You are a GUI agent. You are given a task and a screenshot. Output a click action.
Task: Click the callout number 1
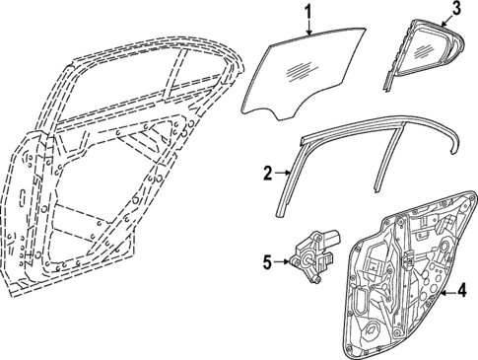pyautogui.click(x=307, y=13)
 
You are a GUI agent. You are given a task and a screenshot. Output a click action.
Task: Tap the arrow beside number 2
pyautogui.click(x=284, y=172)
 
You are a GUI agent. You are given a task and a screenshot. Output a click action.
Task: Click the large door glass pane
pyautogui.click(x=302, y=74)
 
